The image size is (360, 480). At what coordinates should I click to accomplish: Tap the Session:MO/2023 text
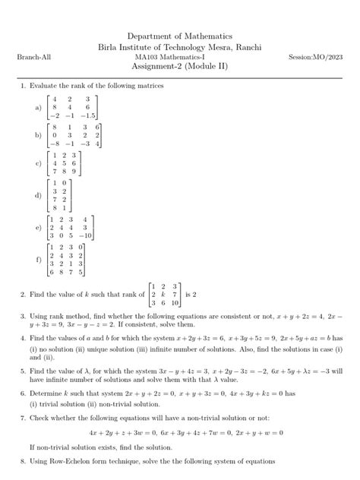[x=317, y=58]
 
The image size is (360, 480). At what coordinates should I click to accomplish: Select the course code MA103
[x=147, y=58]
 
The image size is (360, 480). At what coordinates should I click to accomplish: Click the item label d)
[x=39, y=195]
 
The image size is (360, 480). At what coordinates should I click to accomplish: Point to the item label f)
[x=39, y=259]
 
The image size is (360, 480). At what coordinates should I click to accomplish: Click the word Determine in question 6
[x=47, y=394]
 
